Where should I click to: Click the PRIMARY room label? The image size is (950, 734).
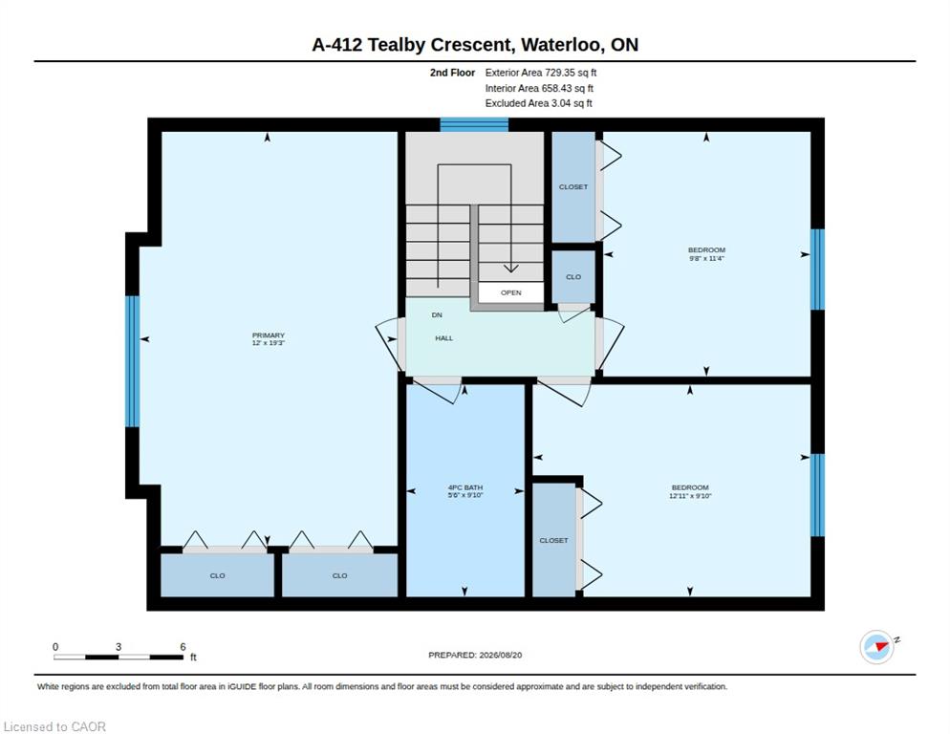click(269, 335)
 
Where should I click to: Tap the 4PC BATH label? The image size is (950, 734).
click(465, 487)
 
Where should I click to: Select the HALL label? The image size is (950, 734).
click(444, 338)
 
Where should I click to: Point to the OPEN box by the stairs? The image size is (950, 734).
click(510, 292)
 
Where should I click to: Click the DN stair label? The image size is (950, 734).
click(437, 315)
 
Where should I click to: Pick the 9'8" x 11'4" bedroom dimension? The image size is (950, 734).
click(706, 258)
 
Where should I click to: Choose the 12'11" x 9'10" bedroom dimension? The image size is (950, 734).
click(690, 496)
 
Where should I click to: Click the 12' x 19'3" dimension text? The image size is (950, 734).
click(269, 343)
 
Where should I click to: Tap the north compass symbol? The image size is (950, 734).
click(877, 647)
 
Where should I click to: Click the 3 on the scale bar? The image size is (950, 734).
click(119, 647)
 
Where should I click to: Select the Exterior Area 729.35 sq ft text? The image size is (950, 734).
click(540, 73)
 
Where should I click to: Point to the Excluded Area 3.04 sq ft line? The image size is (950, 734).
click(539, 103)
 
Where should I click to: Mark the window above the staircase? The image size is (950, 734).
click(474, 124)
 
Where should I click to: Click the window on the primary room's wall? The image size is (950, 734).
click(133, 361)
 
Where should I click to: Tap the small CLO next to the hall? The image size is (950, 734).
click(573, 277)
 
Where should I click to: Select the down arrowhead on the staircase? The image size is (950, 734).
click(510, 268)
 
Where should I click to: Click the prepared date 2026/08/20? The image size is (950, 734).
click(501, 656)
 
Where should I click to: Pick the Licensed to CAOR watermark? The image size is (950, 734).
click(54, 726)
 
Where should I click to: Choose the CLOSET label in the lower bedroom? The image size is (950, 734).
click(553, 540)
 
